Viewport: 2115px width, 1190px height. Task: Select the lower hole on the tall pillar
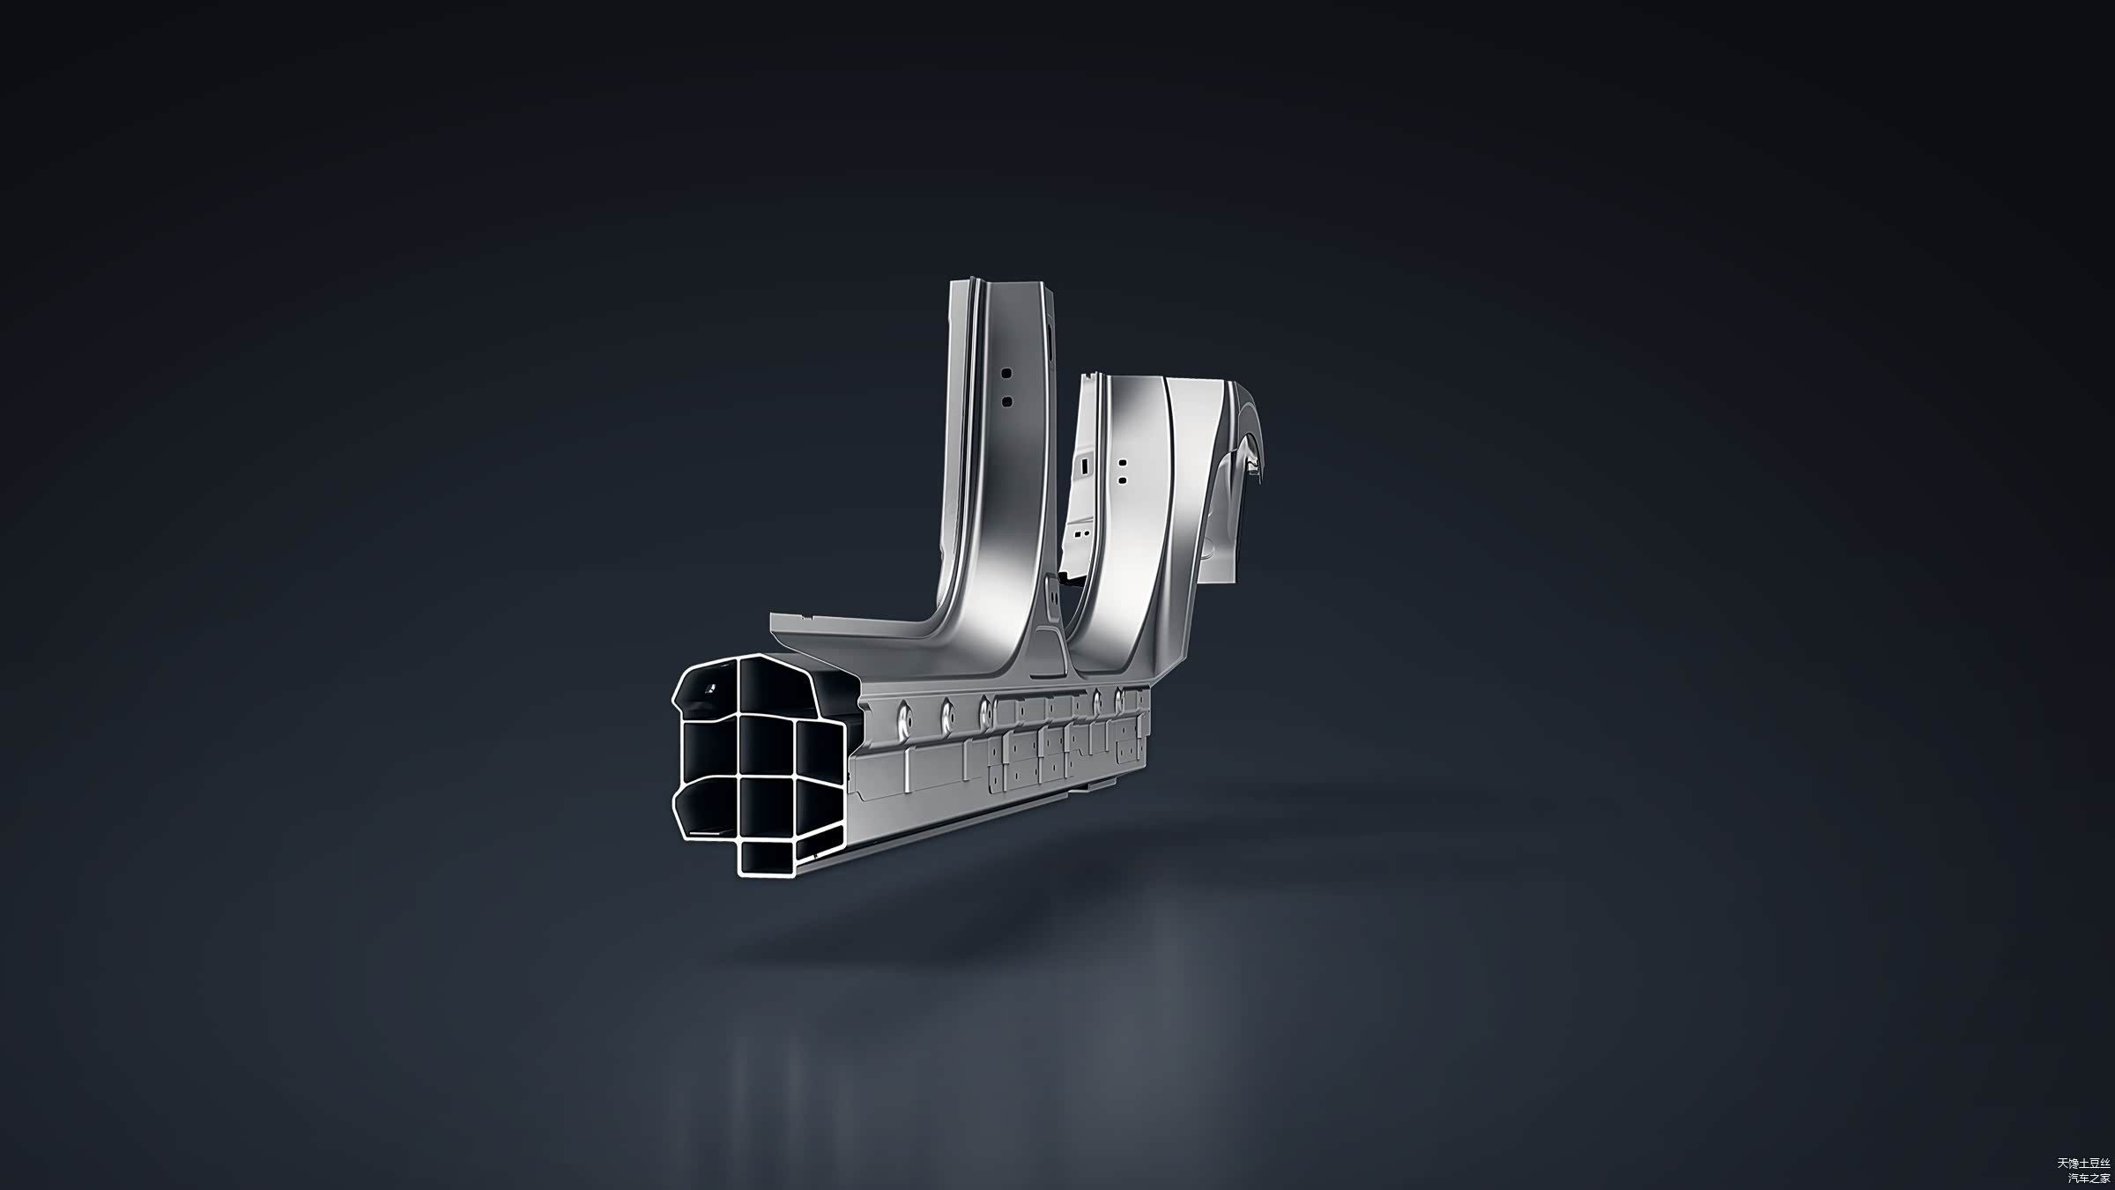pos(1006,401)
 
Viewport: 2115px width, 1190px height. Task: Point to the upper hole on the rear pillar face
pos(1122,462)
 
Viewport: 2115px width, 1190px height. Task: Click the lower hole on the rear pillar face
pos(1122,480)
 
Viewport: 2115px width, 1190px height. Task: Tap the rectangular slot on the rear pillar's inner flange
pos(1086,460)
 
